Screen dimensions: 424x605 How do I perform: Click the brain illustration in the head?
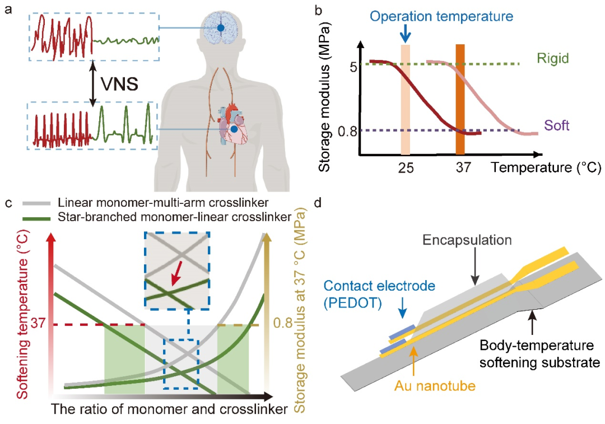[221, 26]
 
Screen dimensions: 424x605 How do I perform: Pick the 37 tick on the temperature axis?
[462, 168]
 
